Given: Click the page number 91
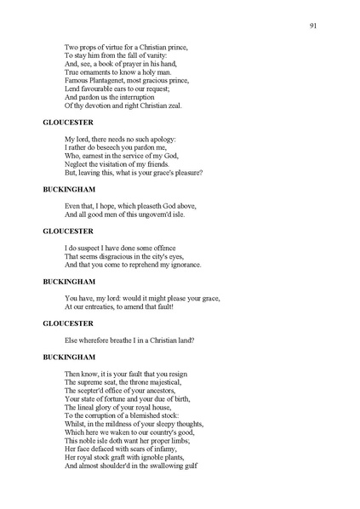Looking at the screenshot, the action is (x=314, y=26).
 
